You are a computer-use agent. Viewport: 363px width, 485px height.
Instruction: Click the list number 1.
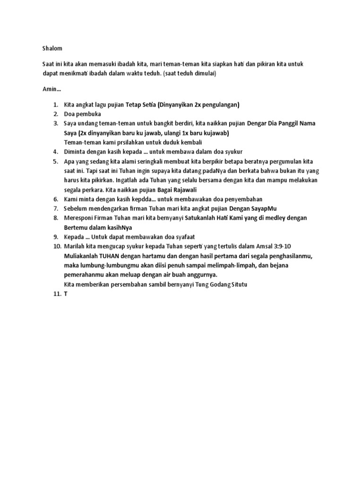pos(55,104)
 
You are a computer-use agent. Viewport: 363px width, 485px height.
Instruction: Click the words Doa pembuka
pos(82,114)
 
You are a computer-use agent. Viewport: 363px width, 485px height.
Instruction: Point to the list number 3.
pos(55,123)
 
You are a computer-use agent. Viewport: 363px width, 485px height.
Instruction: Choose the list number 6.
pos(55,199)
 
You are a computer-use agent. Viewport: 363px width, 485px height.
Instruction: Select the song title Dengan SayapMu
pos(252,208)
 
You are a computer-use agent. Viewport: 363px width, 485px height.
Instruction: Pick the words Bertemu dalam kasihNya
pos(98,227)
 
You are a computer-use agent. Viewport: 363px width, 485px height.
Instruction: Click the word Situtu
pos(238,284)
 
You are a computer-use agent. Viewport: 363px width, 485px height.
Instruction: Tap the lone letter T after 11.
pos(66,294)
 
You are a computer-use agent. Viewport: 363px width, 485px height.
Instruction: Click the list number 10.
pos(57,246)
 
